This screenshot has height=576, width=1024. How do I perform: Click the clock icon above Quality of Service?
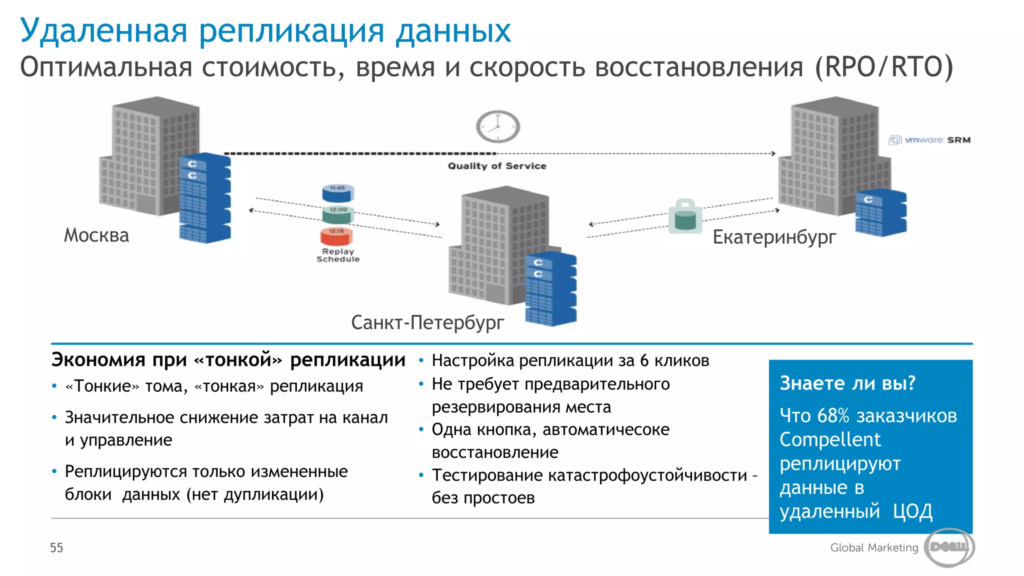pos(497,126)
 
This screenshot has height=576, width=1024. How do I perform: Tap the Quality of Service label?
pos(497,166)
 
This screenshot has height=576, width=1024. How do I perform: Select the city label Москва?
pos(96,235)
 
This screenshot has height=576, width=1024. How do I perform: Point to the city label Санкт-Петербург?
pos(427,322)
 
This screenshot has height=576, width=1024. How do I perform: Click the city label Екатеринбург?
pos(774,237)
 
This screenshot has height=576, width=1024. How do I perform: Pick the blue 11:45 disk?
pos(337,191)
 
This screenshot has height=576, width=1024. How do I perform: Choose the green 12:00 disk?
pos(338,213)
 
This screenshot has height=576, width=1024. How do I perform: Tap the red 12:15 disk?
pos(336,235)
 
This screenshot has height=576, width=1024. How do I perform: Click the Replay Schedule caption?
pos(338,255)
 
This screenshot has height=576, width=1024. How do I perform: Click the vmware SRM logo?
pos(929,140)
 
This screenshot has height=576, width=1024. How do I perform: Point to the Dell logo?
pos(949,547)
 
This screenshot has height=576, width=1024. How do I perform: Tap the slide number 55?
pos(56,548)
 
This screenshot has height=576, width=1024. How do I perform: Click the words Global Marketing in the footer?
pos(874,547)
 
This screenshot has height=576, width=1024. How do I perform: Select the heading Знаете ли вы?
pos(847,383)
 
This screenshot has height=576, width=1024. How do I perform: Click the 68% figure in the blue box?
pos(833,415)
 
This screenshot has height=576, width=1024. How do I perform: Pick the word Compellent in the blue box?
pos(830,439)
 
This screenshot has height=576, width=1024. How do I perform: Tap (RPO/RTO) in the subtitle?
pos(884,67)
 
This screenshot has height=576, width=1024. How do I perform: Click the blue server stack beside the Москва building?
pos(205,198)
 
